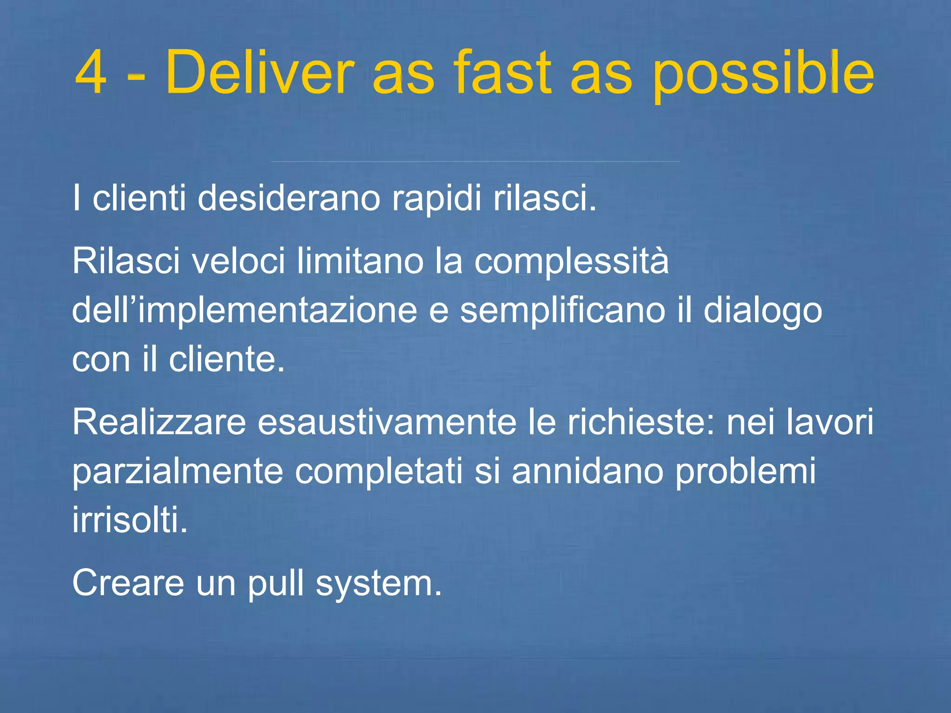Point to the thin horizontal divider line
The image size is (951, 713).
point(475,162)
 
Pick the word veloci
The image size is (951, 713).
point(238,261)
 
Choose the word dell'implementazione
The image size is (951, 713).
point(244,311)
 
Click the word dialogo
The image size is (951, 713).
point(762,311)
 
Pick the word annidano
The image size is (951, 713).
point(587,471)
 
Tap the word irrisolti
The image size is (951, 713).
point(130,520)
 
